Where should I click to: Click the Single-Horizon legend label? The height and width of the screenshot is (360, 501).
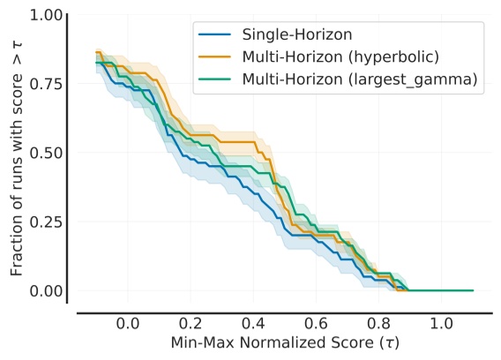(x=286, y=35)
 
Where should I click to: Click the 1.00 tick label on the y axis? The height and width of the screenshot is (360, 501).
(x=41, y=15)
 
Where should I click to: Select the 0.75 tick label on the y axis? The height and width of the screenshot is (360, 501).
(x=41, y=84)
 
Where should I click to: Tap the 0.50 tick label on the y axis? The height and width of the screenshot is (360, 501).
(x=41, y=153)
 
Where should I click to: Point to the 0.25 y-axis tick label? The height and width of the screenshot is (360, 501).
(x=41, y=221)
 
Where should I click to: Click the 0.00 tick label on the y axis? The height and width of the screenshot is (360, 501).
(x=41, y=290)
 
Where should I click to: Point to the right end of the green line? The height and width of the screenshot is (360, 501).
(x=473, y=290)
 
